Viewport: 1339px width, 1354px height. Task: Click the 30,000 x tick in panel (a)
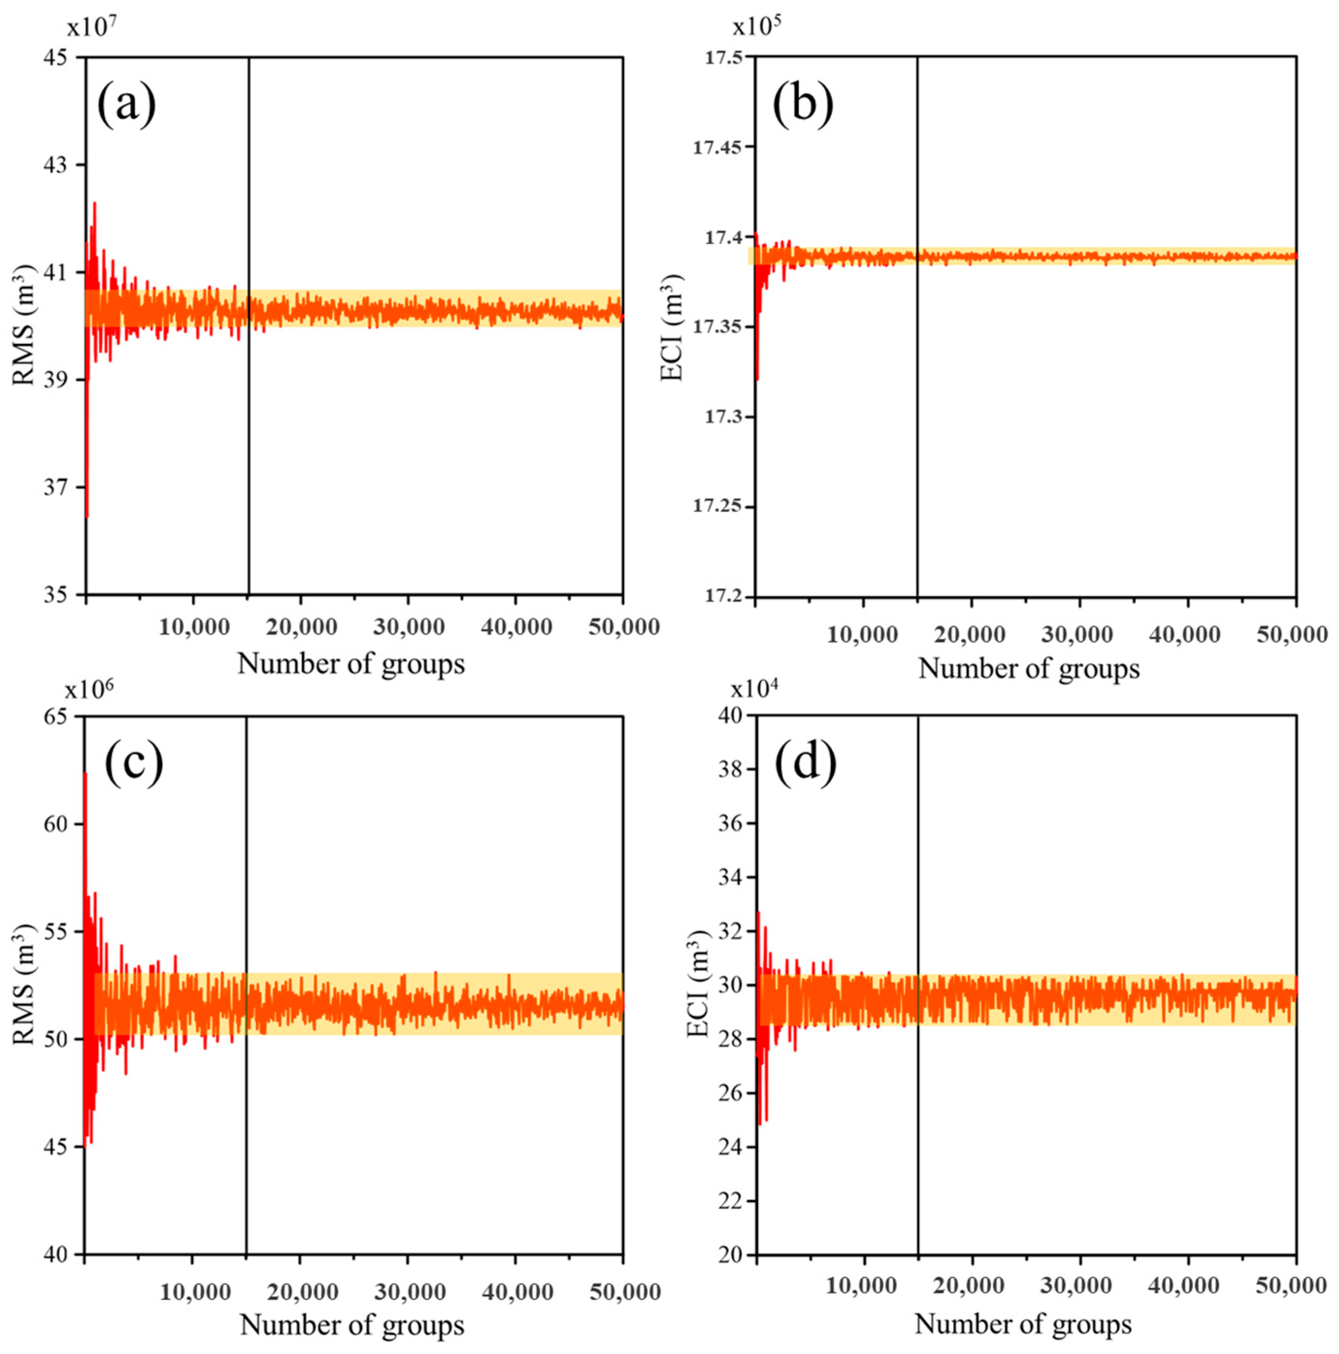(x=408, y=627)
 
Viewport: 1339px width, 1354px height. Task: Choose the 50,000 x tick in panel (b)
(x=1292, y=635)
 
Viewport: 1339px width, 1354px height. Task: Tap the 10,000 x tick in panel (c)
(x=194, y=1291)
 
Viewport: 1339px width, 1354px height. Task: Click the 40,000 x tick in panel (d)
(x=1184, y=1285)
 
